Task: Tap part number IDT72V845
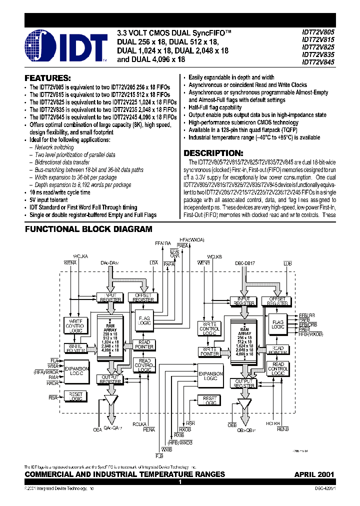pyautogui.click(x=318, y=62)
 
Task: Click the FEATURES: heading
pyautogui.click(x=48, y=78)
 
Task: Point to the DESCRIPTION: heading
pyautogui.click(x=213, y=153)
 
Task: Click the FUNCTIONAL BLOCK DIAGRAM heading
pyautogui.click(x=88, y=229)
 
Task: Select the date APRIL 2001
pyautogui.click(x=314, y=474)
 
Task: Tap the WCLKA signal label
pyautogui.click(x=80, y=256)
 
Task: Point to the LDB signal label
pyautogui.click(x=287, y=262)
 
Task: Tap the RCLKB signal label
pyautogui.click(x=273, y=423)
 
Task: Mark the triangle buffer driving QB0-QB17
pyautogui.click(x=244, y=404)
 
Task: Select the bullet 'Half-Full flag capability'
pyautogui.click(x=215, y=107)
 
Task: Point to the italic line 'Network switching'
pyautogui.click(x=54, y=147)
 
